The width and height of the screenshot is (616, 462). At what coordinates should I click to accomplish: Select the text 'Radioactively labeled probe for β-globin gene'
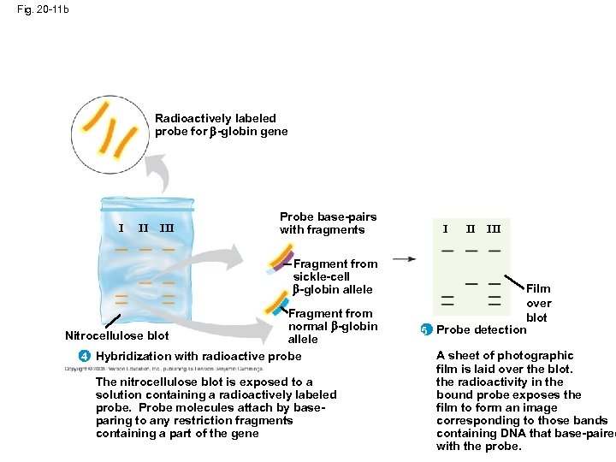pyautogui.click(x=221, y=125)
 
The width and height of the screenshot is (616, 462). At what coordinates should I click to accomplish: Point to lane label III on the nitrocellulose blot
pyautogui.click(x=167, y=228)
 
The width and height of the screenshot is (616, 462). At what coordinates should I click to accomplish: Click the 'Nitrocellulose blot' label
pyautogui.click(x=117, y=335)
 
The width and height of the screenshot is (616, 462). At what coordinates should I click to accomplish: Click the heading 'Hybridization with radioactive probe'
pyautogui.click(x=198, y=356)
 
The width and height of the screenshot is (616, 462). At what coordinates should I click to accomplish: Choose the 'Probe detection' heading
pyautogui.click(x=481, y=330)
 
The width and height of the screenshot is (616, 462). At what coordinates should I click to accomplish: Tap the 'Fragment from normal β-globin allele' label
pyautogui.click(x=332, y=326)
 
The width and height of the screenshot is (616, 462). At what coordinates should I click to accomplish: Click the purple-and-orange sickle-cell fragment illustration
pyautogui.click(x=280, y=258)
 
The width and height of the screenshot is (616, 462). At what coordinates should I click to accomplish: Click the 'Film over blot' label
pyautogui.click(x=538, y=303)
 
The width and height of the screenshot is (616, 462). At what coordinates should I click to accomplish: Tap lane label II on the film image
pyautogui.click(x=471, y=229)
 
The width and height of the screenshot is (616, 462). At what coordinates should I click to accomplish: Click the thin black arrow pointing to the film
pyautogui.click(x=405, y=258)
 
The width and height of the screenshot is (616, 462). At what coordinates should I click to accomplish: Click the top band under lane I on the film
pyautogui.click(x=448, y=251)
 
